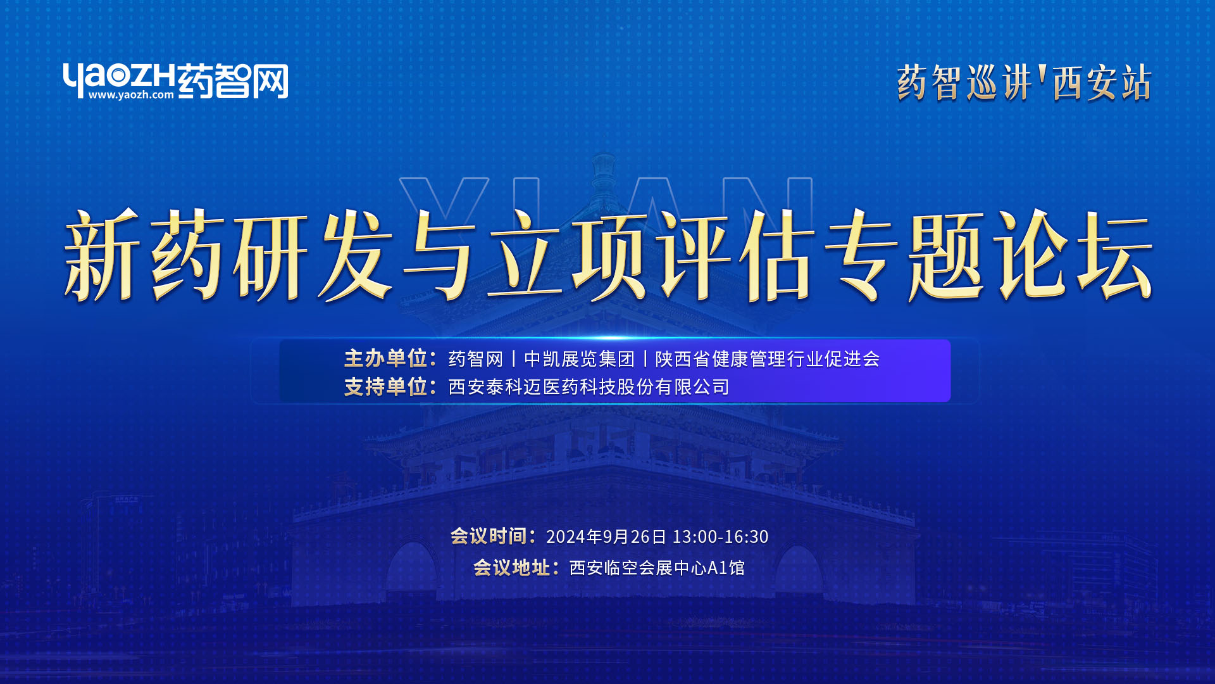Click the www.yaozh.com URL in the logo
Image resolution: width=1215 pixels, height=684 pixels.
point(131,95)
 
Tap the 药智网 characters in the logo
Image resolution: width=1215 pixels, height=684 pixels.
point(233,81)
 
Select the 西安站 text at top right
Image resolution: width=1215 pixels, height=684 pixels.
point(1102,83)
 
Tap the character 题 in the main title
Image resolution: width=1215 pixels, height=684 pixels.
point(947,255)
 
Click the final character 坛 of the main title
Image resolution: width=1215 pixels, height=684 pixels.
point(1115,255)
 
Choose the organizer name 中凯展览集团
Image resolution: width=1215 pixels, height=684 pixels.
point(579,359)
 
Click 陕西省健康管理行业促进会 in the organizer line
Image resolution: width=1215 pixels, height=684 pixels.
point(768,359)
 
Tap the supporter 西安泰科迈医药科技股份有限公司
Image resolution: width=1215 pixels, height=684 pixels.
point(589,387)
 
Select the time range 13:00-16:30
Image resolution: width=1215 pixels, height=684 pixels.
point(720,537)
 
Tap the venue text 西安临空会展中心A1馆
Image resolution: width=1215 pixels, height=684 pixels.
point(657,568)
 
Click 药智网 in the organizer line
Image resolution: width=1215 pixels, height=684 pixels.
point(476,359)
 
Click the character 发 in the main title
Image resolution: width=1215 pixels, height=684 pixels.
point(356,255)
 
